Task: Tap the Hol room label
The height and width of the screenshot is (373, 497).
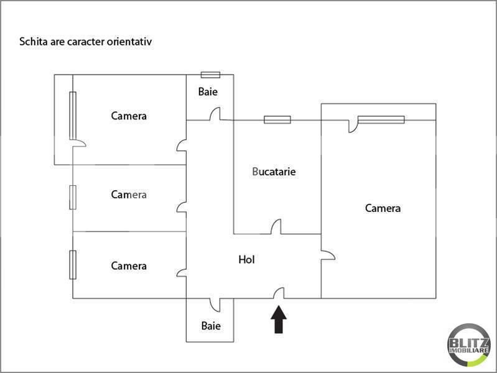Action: (247, 260)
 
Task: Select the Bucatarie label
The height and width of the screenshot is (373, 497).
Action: (274, 172)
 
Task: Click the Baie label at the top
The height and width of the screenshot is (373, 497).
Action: (208, 92)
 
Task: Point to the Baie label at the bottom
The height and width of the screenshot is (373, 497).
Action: (210, 325)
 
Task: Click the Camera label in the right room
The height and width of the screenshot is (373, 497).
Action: (383, 208)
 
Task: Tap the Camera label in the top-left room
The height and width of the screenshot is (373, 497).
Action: (129, 116)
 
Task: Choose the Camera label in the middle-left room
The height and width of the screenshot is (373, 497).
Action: (129, 195)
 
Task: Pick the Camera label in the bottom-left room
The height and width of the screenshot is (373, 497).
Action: (129, 266)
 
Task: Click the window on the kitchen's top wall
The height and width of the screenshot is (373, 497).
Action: (277, 119)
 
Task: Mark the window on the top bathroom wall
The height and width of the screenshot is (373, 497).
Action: (210, 75)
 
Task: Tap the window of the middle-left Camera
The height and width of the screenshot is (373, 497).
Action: (73, 198)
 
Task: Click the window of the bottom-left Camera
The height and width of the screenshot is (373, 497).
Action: (73, 264)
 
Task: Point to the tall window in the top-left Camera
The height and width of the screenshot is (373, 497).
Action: (73, 116)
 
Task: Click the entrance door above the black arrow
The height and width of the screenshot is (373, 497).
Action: (279, 293)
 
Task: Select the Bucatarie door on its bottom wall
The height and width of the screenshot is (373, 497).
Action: (276, 228)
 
